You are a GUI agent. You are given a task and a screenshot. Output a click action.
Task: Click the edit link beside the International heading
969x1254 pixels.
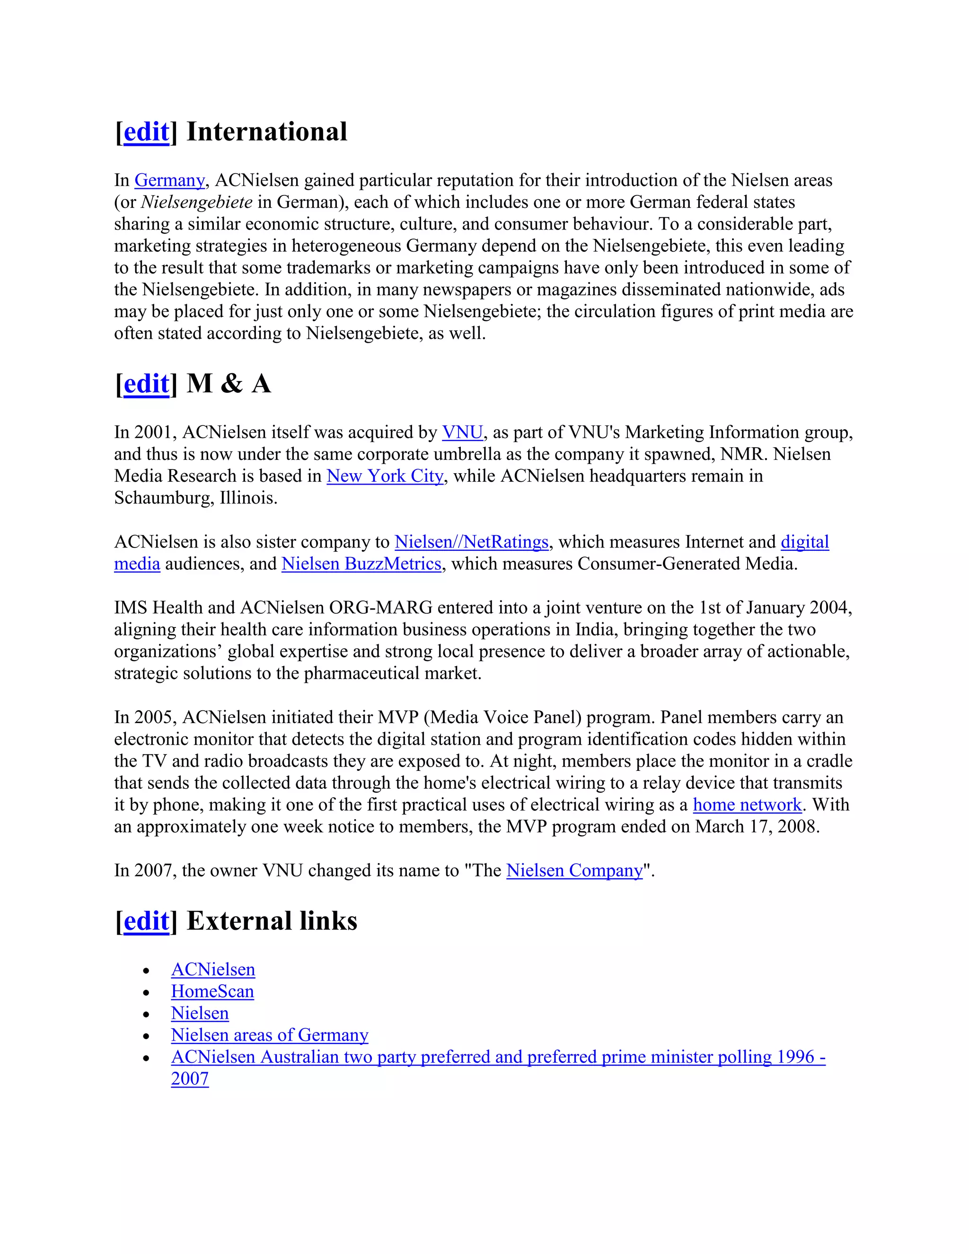(x=146, y=132)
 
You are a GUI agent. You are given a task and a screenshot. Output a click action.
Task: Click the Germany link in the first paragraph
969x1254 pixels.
(x=169, y=180)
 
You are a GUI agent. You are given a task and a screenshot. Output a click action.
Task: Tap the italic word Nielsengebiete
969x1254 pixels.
(x=196, y=202)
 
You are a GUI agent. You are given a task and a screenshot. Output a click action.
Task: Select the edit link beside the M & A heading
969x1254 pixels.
(x=146, y=384)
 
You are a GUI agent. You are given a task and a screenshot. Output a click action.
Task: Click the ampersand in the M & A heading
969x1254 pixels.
(x=231, y=384)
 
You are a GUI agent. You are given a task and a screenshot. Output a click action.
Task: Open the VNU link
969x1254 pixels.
(x=462, y=433)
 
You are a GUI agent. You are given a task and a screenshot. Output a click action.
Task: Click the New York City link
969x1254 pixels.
(x=385, y=476)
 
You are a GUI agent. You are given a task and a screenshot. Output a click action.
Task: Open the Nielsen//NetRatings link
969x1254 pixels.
(x=471, y=542)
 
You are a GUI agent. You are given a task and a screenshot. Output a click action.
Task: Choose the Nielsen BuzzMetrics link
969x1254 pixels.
(x=361, y=564)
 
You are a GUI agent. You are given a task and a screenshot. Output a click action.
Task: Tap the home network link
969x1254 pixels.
(x=747, y=805)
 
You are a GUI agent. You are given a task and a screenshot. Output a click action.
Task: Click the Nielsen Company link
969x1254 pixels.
(x=574, y=870)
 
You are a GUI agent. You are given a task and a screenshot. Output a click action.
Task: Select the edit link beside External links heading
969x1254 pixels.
(x=146, y=921)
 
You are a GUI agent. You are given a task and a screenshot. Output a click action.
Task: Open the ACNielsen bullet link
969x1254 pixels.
(x=213, y=970)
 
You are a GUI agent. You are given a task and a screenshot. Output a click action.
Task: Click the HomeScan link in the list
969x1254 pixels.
(x=212, y=991)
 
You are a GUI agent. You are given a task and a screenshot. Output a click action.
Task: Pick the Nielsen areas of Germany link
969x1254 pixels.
(x=269, y=1035)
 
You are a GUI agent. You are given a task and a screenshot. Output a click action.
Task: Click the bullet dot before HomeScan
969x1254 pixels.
(x=146, y=993)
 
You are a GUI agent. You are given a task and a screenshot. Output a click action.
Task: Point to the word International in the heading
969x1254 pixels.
(x=267, y=132)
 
